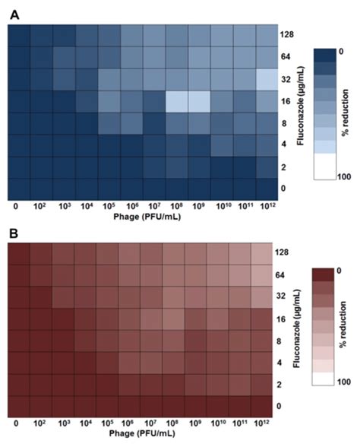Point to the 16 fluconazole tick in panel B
click(x=285, y=320)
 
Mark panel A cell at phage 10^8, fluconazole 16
click(x=176, y=101)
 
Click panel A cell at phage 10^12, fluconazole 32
click(x=266, y=79)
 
